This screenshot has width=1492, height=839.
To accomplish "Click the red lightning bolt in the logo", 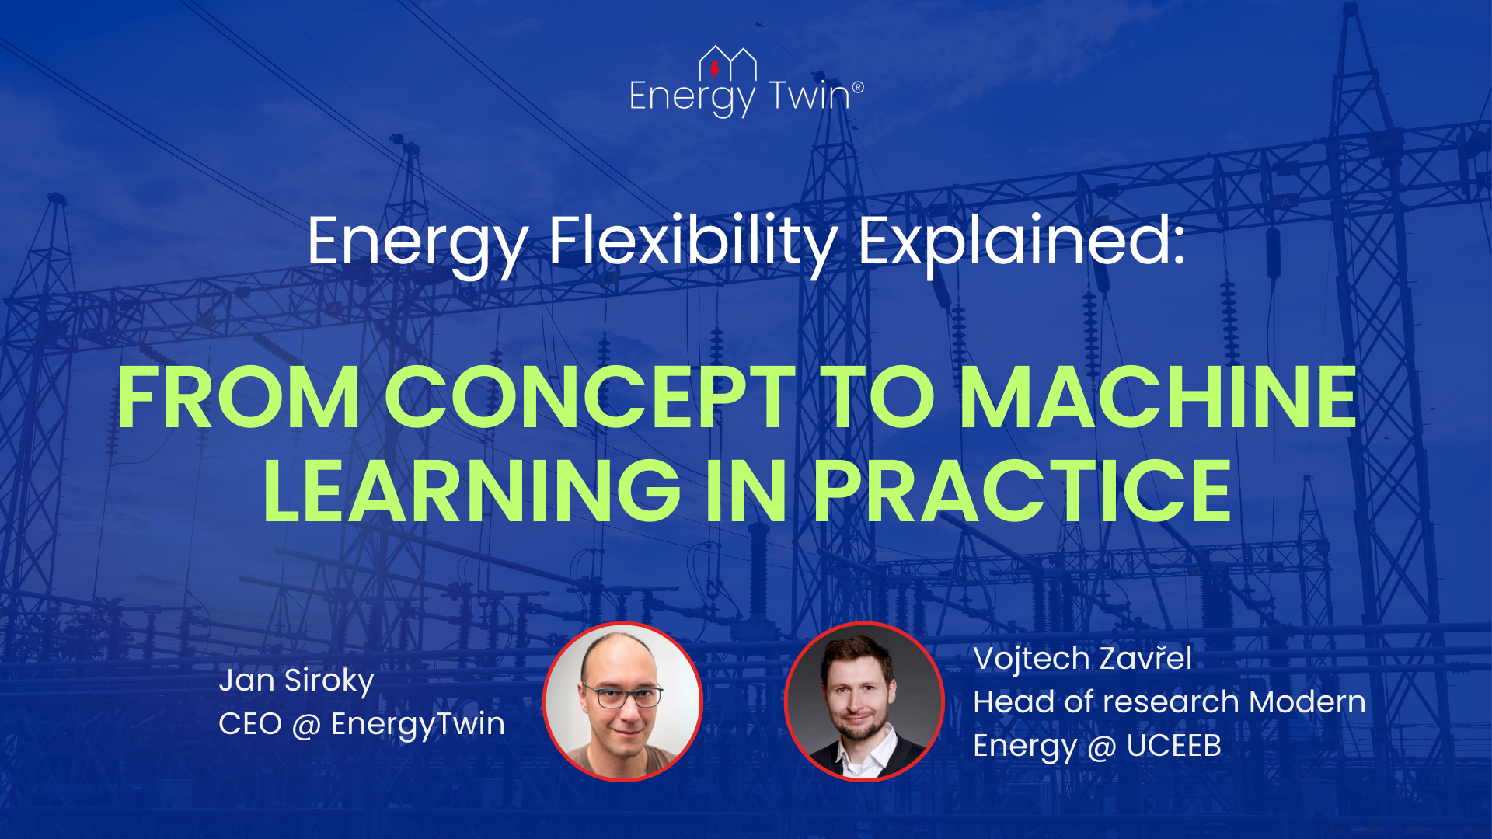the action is tap(715, 70).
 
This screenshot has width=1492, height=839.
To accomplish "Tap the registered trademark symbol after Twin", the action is tap(858, 87).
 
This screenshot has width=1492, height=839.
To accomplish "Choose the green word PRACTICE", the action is tap(1023, 491).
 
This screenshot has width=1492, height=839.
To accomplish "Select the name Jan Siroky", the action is tap(297, 681).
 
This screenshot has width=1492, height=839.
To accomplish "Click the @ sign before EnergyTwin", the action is tap(307, 725).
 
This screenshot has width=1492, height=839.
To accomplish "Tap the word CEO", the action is tap(250, 724).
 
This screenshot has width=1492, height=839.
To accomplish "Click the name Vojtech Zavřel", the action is tap(1082, 659).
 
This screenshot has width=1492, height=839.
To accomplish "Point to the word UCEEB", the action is tap(1174, 746).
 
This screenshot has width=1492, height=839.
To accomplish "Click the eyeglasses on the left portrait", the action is tap(622, 695).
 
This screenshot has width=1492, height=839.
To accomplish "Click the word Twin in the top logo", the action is tap(810, 96).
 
